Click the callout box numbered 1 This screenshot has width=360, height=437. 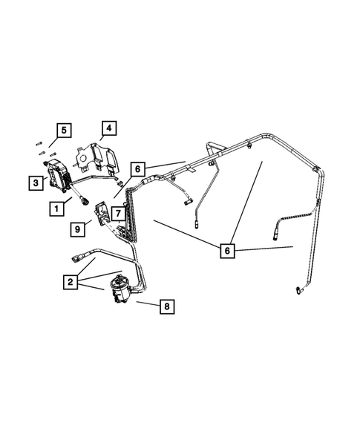[56, 209]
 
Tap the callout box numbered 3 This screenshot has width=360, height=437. [34, 181]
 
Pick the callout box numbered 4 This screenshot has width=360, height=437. [108, 128]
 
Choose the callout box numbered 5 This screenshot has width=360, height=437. [65, 131]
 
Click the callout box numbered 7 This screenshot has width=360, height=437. [116, 213]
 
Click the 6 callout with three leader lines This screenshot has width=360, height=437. [228, 250]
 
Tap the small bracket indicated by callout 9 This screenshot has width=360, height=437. [100, 217]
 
